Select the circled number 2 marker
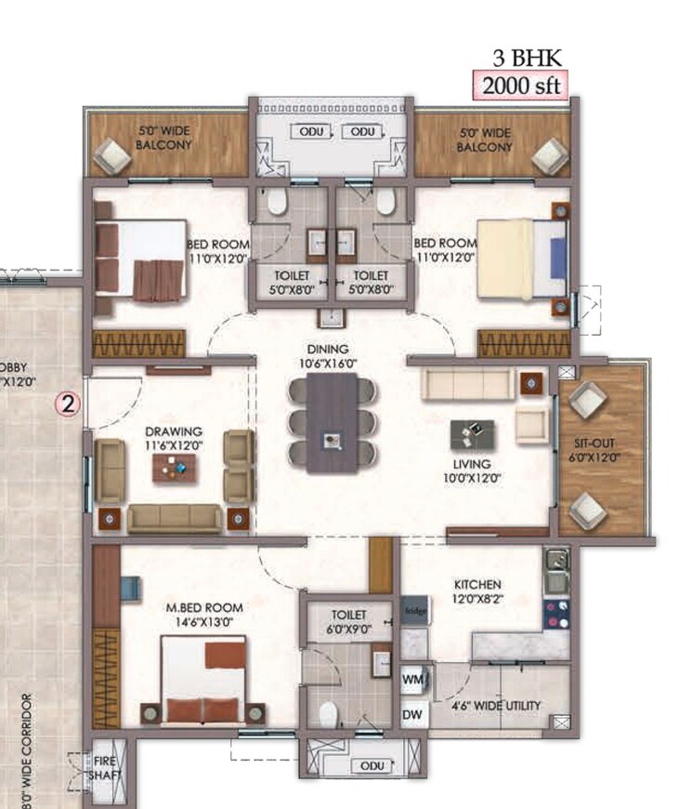tap(69, 403)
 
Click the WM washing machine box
tap(412, 682)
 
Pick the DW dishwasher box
tap(412, 714)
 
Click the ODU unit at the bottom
tap(372, 765)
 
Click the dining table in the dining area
tap(332, 419)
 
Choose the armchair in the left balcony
tap(115, 155)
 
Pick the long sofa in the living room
tap(466, 382)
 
